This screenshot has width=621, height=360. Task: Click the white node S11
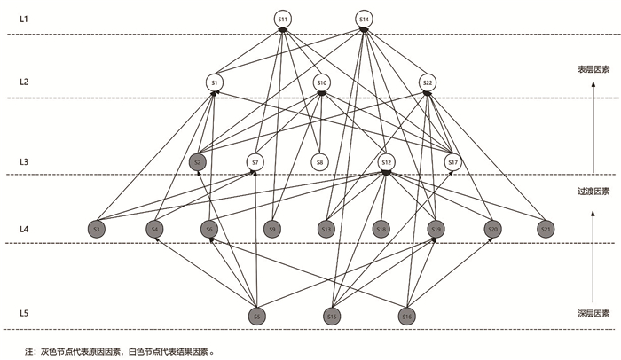tap(283, 19)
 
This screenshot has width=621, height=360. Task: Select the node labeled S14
tap(365, 19)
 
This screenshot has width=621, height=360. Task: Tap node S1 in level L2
tap(214, 82)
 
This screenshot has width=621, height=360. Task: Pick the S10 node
tap(321, 82)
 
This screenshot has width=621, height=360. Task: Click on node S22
tap(428, 82)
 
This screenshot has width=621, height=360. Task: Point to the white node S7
tap(255, 162)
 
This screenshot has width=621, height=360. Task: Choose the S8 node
tap(319, 162)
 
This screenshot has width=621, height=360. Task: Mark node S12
tap(386, 162)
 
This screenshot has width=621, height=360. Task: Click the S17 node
tap(452, 162)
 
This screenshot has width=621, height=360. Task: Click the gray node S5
tap(256, 316)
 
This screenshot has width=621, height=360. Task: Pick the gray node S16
tap(407, 316)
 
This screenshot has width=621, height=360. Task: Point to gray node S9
tap(273, 229)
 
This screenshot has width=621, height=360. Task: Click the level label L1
tap(25, 18)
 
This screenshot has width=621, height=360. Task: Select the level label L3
tap(25, 161)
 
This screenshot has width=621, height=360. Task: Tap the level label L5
tap(25, 314)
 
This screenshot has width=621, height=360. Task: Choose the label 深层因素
tap(593, 313)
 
